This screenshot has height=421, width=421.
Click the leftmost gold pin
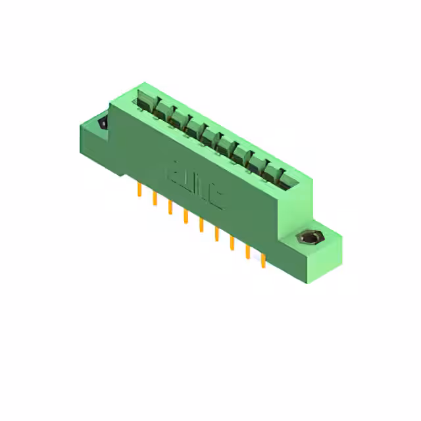pyautogui.click(x=139, y=190)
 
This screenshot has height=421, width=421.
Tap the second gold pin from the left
pyautogui.click(x=155, y=198)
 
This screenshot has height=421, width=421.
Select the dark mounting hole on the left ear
pyautogui.click(x=103, y=123)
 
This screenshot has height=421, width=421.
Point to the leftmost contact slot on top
pyautogui.click(x=145, y=103)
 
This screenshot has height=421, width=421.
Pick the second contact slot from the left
pyautogui.click(x=162, y=111)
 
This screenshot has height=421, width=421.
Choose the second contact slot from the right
pyautogui.click(x=259, y=164)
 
